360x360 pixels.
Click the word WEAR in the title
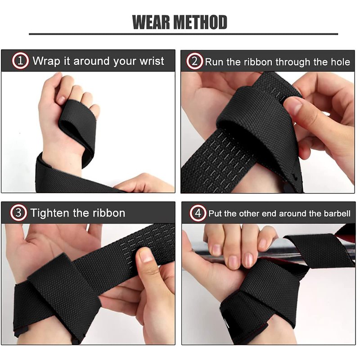tap(151, 22)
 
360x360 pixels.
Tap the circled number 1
tap(20, 61)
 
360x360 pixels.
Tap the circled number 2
tap(194, 61)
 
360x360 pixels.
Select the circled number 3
tap(18, 213)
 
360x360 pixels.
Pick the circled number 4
tap(198, 213)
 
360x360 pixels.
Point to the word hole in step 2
tap(340, 62)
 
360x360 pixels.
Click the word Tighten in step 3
tap(49, 213)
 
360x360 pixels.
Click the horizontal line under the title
tap(184, 34)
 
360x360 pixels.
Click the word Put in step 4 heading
tap(215, 213)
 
